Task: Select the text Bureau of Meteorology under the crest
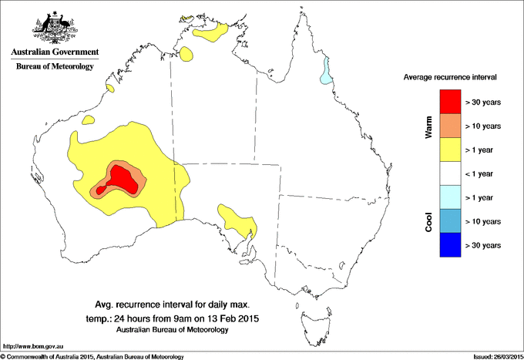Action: click(54, 67)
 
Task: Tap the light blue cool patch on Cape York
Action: click(328, 72)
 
